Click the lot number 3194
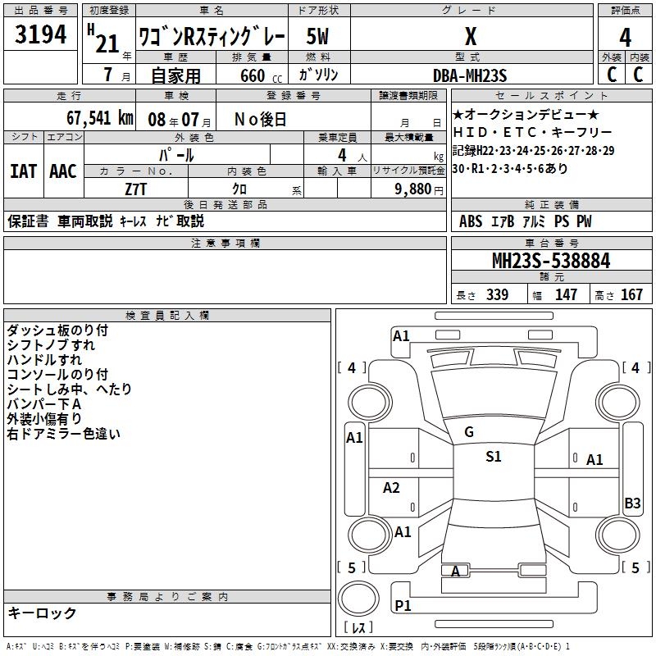click(x=42, y=37)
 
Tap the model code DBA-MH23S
click(x=470, y=75)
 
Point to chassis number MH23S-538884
click(x=550, y=261)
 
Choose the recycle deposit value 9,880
click(x=413, y=189)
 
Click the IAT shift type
click(x=24, y=171)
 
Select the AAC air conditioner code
click(x=63, y=171)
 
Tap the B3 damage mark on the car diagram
click(x=632, y=503)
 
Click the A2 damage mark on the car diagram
click(x=392, y=488)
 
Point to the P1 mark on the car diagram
click(x=403, y=605)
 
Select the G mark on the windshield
click(x=469, y=432)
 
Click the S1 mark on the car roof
click(x=493, y=457)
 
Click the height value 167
click(x=631, y=295)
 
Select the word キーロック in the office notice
click(x=43, y=613)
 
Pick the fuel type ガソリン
click(x=318, y=75)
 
